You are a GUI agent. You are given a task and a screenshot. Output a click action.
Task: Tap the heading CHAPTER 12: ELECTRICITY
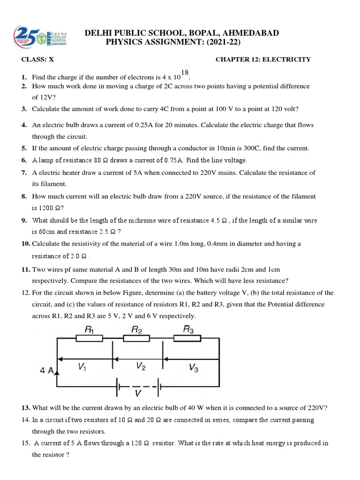(263, 60)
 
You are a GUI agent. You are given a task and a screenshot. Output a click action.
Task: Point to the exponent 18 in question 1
(184, 72)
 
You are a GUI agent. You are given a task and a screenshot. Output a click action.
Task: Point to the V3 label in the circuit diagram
(193, 368)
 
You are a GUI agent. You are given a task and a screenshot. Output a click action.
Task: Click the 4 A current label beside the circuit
(47, 370)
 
